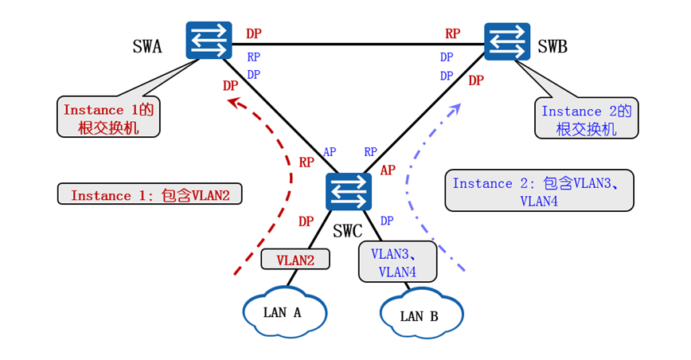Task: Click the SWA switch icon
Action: click(x=209, y=41)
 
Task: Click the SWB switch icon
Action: click(x=508, y=41)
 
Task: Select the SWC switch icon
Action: click(x=348, y=192)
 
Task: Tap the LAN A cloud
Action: click(x=285, y=311)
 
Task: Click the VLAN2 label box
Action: click(x=295, y=260)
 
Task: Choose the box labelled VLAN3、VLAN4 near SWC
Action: click(x=397, y=261)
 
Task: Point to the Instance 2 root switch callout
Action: click(x=587, y=119)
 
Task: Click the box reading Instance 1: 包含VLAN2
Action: click(x=149, y=194)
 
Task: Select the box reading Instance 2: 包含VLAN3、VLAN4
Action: click(x=539, y=191)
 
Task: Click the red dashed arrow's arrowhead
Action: click(x=232, y=101)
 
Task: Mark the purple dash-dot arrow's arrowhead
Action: click(x=457, y=107)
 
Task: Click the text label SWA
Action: click(x=147, y=47)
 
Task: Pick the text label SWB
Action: click(x=552, y=47)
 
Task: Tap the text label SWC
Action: click(x=347, y=232)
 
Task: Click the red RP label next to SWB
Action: click(x=452, y=33)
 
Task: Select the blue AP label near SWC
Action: click(x=329, y=152)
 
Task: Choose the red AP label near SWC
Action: click(x=388, y=170)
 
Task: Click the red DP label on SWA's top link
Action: click(x=253, y=33)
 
